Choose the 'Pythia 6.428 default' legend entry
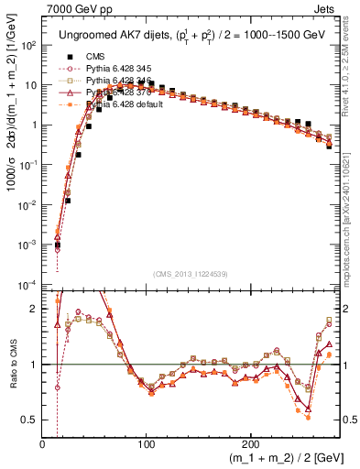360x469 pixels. click(125, 104)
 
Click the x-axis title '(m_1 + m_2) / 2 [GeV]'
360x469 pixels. click(280, 456)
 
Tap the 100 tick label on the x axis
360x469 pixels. click(146, 444)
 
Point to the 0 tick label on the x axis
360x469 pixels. click(43, 444)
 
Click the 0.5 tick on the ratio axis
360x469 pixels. click(29, 420)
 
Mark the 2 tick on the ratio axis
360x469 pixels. click(34, 310)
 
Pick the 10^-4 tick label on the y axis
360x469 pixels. click(27, 284)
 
